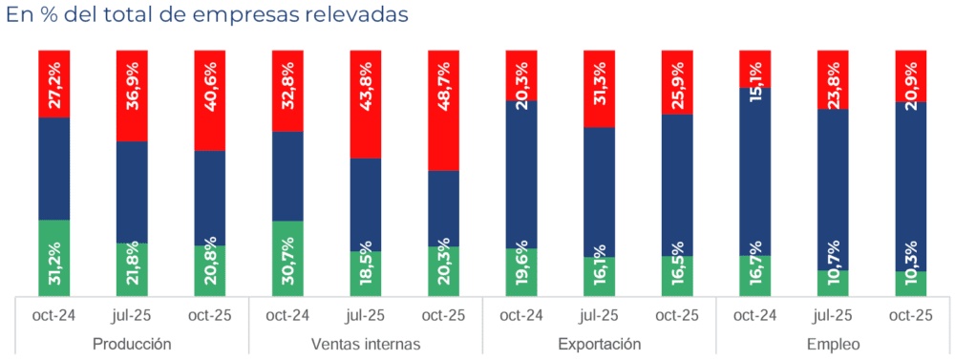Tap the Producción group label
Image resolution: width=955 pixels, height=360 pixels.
pyautogui.click(x=132, y=344)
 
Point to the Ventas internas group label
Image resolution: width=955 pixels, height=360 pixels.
pyautogui.click(x=366, y=344)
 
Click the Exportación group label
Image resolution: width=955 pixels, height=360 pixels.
pyautogui.click(x=599, y=344)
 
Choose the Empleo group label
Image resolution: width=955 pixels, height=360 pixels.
pyautogui.click(x=833, y=344)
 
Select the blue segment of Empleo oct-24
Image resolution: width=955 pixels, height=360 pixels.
pyautogui.click(x=754, y=172)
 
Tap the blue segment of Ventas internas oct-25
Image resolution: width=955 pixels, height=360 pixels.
pyautogui.click(x=443, y=208)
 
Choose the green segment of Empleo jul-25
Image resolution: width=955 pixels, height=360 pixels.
pyautogui.click(x=833, y=284)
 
